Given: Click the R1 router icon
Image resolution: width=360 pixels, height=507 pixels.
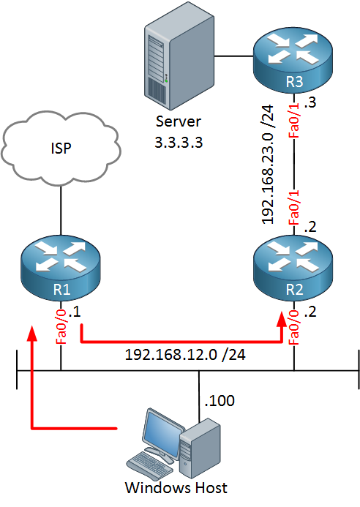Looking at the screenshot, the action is coord(61,268).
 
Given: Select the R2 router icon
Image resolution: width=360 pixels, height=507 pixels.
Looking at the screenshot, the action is coord(293,268).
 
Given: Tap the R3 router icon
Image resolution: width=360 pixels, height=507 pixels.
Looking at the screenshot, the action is coord(293,61).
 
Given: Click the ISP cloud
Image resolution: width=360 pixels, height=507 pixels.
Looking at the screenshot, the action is coord(61,149).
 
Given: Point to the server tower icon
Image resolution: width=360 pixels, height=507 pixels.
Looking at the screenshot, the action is coord(179,56).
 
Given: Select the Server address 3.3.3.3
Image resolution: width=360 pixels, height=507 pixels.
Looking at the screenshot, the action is coord(179,142).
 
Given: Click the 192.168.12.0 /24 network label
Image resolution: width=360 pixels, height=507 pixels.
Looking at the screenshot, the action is coord(185,355).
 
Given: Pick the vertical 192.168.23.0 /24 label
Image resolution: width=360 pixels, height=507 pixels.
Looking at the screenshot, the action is coord(268,165).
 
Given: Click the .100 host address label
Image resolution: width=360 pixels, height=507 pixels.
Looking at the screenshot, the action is coord(220,401).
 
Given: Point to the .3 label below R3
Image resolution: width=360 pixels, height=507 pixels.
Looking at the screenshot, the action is coord(310,103).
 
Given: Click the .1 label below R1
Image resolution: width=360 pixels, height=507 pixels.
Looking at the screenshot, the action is coord(75,312).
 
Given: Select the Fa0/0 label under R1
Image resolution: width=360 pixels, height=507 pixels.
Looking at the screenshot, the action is coord(61,327).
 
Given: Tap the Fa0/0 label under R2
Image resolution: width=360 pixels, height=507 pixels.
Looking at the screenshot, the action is coord(294,327).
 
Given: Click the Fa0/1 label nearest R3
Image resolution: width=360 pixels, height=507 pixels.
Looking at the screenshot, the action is coord(294,120).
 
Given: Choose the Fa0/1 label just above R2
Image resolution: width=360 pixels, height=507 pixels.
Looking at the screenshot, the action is coord(294,208).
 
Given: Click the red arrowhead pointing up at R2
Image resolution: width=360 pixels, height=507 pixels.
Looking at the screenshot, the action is coord(282,319).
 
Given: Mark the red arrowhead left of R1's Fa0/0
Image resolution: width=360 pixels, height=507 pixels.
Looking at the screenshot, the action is coord(31,333).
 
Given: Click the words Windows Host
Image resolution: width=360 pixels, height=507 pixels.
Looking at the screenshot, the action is coord(176,488).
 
